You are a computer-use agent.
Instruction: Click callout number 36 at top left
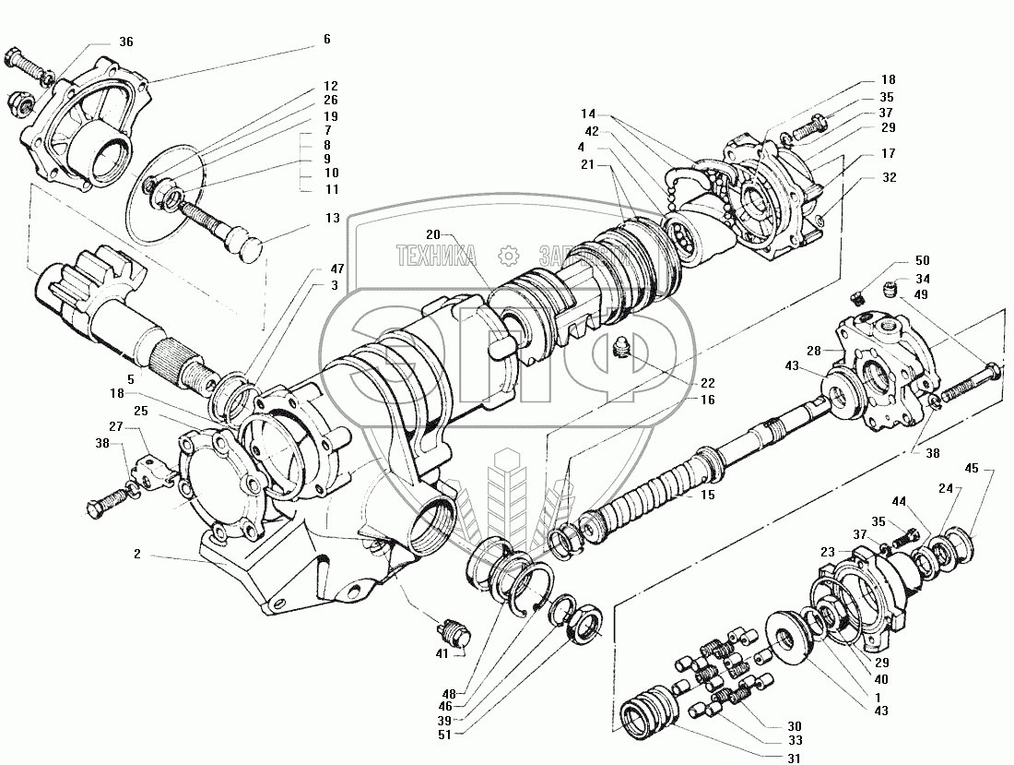[126, 42]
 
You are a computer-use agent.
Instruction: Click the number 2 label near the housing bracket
[136, 555]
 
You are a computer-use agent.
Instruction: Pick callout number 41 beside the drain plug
[443, 653]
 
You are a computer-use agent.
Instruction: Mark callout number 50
[922, 261]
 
